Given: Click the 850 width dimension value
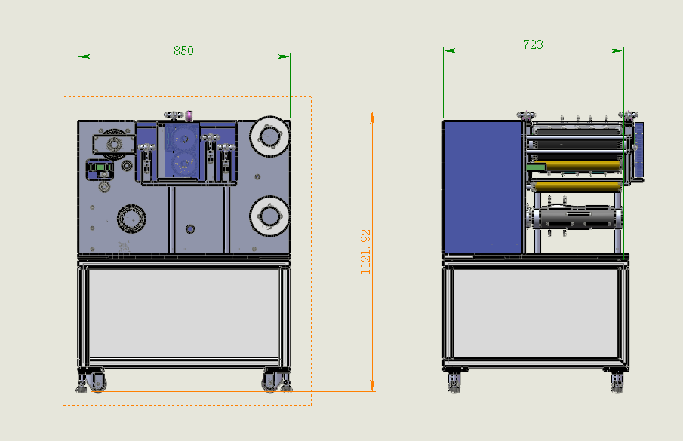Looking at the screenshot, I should [183, 51].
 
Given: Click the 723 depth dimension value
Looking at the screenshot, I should [533, 44].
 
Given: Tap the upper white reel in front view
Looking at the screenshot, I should [269, 136].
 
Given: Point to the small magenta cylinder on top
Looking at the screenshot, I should [189, 115].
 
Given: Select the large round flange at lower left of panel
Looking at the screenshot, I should [131, 219].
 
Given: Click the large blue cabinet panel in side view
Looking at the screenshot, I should [482, 186].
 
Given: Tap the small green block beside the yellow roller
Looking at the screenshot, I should [536, 167].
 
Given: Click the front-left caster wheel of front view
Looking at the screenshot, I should [97, 382].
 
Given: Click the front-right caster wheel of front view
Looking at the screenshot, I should [271, 382].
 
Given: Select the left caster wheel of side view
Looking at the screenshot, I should [454, 381].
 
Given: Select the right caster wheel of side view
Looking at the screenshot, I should [617, 381].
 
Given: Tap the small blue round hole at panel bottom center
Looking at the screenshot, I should [189, 228].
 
